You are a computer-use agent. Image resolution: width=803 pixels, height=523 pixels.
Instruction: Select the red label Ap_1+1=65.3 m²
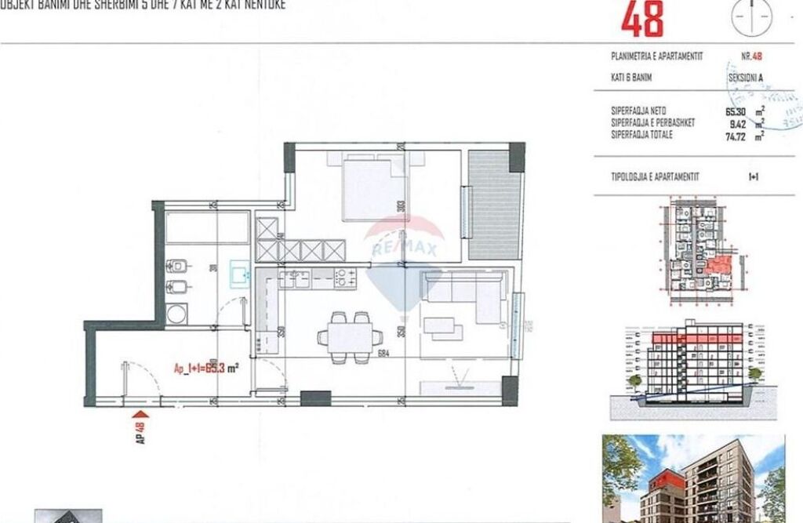pyautogui.click(x=206, y=365)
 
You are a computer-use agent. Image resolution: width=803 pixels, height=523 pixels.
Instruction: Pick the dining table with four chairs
pyautogui.click(x=345, y=336)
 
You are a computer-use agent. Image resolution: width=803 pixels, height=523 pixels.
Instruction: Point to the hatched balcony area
pyautogui.click(x=494, y=204)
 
